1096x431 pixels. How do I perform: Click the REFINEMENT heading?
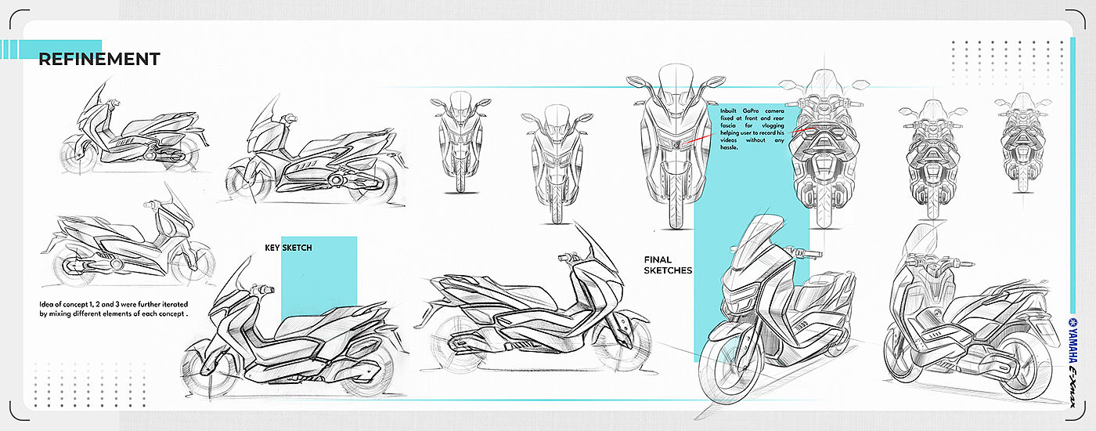click(x=99, y=59)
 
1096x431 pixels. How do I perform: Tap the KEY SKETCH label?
click(x=288, y=248)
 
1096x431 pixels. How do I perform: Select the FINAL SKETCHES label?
click(x=668, y=265)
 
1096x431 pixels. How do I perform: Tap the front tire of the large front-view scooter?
click(x=672, y=192)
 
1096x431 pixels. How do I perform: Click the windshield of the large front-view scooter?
click(x=672, y=86)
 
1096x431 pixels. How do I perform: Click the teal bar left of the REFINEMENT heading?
click(x=51, y=49)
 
